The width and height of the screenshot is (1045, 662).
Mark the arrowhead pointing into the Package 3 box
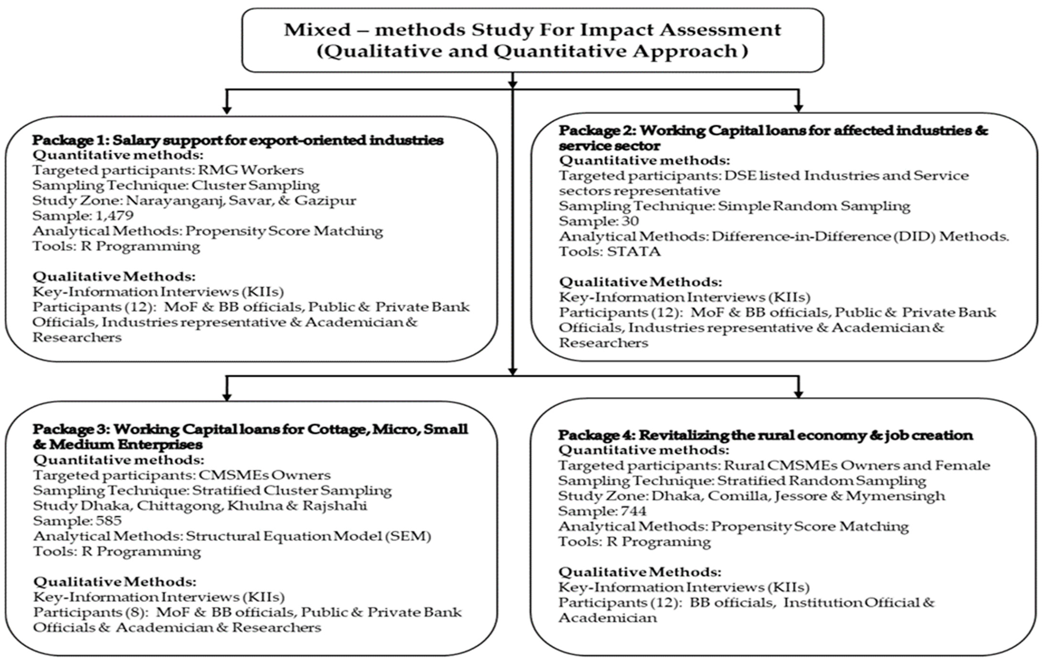tap(227, 396)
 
